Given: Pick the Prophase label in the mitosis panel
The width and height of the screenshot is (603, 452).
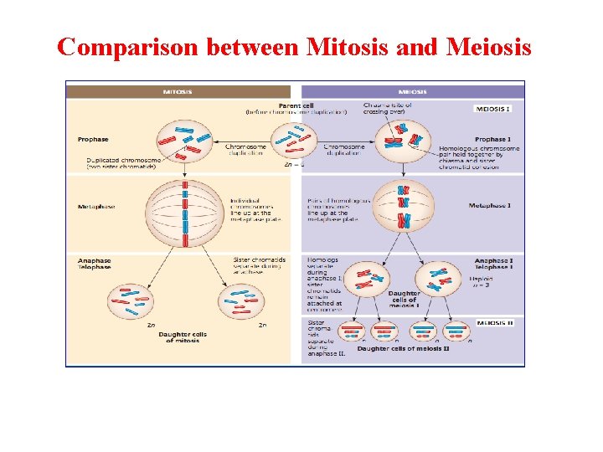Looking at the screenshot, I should point(93,139).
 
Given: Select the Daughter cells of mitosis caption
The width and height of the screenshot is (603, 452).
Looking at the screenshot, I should point(183,337).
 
